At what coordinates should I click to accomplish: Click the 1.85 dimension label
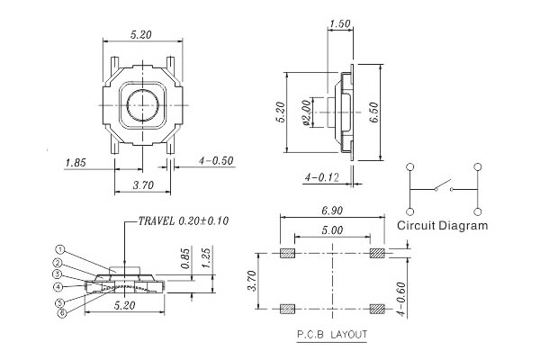click(76, 163)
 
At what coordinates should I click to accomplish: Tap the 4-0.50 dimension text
click(216, 161)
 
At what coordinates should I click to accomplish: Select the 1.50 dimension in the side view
click(340, 24)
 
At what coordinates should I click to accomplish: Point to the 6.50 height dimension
click(374, 112)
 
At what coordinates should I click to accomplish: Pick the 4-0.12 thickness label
click(321, 177)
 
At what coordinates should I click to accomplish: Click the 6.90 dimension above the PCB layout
click(332, 211)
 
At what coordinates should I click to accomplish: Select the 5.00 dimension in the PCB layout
click(332, 229)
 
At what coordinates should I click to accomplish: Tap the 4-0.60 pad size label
click(400, 299)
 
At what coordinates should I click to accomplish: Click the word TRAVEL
click(157, 220)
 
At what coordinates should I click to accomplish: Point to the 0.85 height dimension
click(185, 258)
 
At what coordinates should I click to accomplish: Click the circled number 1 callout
click(60, 249)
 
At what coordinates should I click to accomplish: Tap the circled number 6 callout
click(62, 313)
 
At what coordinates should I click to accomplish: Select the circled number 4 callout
click(58, 286)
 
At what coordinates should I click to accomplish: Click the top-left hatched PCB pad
click(288, 253)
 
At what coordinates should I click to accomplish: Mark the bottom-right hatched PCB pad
click(377, 309)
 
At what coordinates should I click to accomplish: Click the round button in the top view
click(143, 105)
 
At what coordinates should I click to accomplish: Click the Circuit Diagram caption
click(443, 226)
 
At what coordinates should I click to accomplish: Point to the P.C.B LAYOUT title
click(332, 335)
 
